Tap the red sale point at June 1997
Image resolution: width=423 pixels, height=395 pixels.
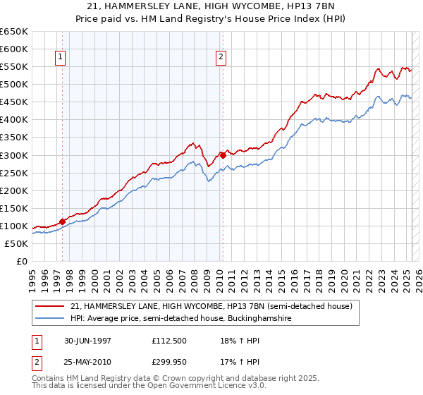[x=62, y=221]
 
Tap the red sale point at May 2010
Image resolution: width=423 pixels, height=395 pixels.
[x=223, y=155]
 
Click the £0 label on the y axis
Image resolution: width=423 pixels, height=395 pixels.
[x=21, y=262]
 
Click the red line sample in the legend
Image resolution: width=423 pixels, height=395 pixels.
[x=49, y=306]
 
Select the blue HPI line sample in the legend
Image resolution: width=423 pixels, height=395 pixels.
[x=49, y=319]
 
